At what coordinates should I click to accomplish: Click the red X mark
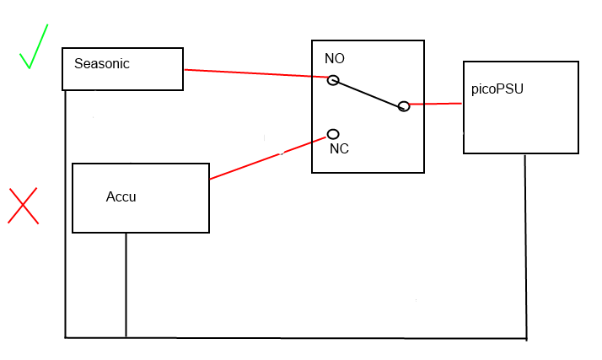pyautogui.click(x=24, y=206)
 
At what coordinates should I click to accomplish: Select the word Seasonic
pyautogui.click(x=101, y=63)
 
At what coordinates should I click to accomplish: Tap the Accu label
pyautogui.click(x=121, y=197)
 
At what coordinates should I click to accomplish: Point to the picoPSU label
pyautogui.click(x=497, y=89)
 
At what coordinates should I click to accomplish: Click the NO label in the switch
pyautogui.click(x=335, y=59)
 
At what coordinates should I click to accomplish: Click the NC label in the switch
pyautogui.click(x=339, y=148)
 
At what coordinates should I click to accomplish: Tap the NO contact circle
pyautogui.click(x=333, y=80)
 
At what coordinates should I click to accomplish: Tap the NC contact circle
pyautogui.click(x=333, y=134)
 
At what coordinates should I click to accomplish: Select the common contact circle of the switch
pyautogui.click(x=404, y=105)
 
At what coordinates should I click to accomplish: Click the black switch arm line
pyautogui.click(x=368, y=93)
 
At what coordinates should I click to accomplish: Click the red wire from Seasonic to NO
pyautogui.click(x=253, y=73)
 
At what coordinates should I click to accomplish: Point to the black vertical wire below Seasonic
pyautogui.click(x=65, y=211)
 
